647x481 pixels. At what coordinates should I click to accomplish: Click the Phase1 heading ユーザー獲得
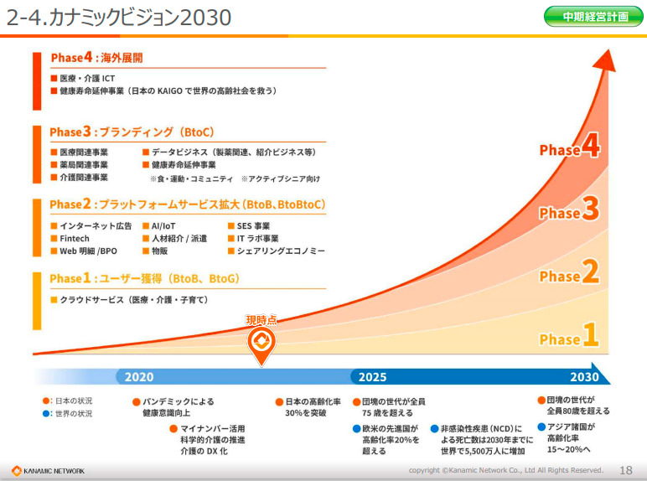(143, 278)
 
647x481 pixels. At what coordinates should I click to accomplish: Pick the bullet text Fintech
(75, 239)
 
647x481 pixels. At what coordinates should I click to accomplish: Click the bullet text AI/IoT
(163, 226)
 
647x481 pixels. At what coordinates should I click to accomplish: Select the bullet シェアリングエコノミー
(280, 251)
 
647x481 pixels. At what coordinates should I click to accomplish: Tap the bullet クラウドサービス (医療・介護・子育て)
(134, 299)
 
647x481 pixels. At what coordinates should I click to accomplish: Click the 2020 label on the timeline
(139, 377)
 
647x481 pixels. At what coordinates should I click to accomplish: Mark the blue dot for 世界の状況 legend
(46, 413)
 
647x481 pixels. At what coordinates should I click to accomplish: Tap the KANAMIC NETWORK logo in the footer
(48, 470)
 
